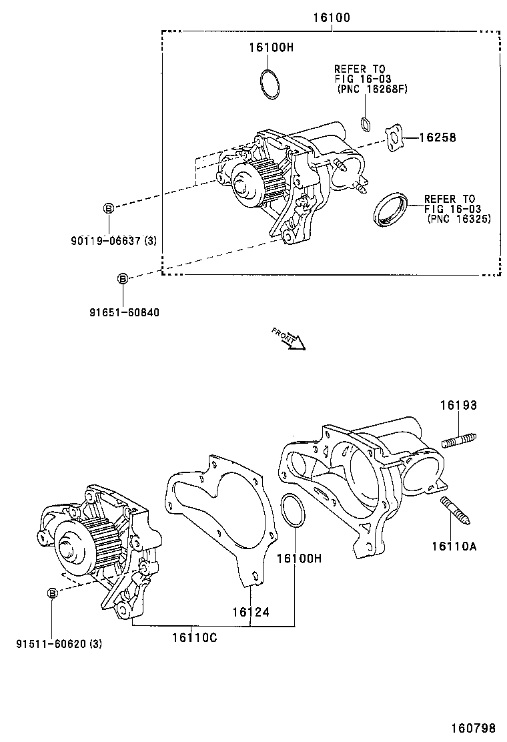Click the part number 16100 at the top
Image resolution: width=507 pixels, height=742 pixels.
[332, 17]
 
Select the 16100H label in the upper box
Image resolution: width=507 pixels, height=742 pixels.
[271, 47]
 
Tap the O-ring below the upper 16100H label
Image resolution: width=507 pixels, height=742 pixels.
[270, 85]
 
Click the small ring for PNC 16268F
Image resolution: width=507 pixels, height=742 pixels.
[366, 123]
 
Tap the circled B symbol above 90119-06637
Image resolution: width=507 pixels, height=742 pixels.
[108, 208]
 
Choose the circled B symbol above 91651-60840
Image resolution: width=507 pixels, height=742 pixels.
[123, 278]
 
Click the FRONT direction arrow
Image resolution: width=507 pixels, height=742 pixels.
[290, 338]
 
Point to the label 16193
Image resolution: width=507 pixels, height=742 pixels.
[458, 405]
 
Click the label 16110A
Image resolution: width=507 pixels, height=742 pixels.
[454, 546]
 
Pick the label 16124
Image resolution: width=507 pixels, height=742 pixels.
[251, 611]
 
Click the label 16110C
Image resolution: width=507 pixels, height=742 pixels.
[194, 638]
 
